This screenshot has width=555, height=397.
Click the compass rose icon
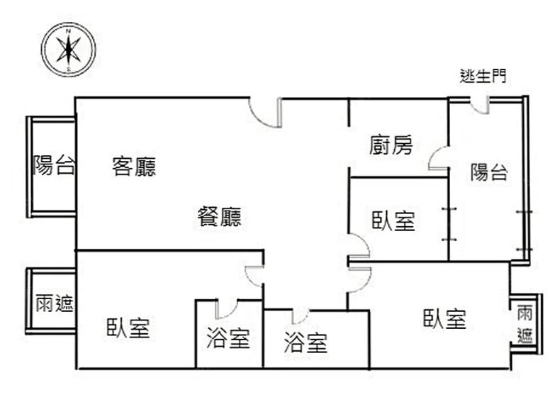point(68,48)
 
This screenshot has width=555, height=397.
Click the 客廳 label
point(134,167)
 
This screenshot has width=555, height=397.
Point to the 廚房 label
point(391,145)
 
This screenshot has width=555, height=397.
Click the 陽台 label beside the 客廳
point(54,167)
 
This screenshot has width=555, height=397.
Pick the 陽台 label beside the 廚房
point(489,172)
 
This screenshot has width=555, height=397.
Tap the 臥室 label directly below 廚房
point(393,221)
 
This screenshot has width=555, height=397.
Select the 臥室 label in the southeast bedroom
point(444,319)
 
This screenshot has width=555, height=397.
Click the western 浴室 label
point(228,339)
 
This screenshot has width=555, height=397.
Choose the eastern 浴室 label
point(305,344)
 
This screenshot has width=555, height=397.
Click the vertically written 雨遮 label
point(525,324)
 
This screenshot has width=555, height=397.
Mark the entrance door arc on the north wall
point(262,113)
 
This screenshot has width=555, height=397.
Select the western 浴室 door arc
point(228,309)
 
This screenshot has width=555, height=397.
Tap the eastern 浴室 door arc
point(300,316)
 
